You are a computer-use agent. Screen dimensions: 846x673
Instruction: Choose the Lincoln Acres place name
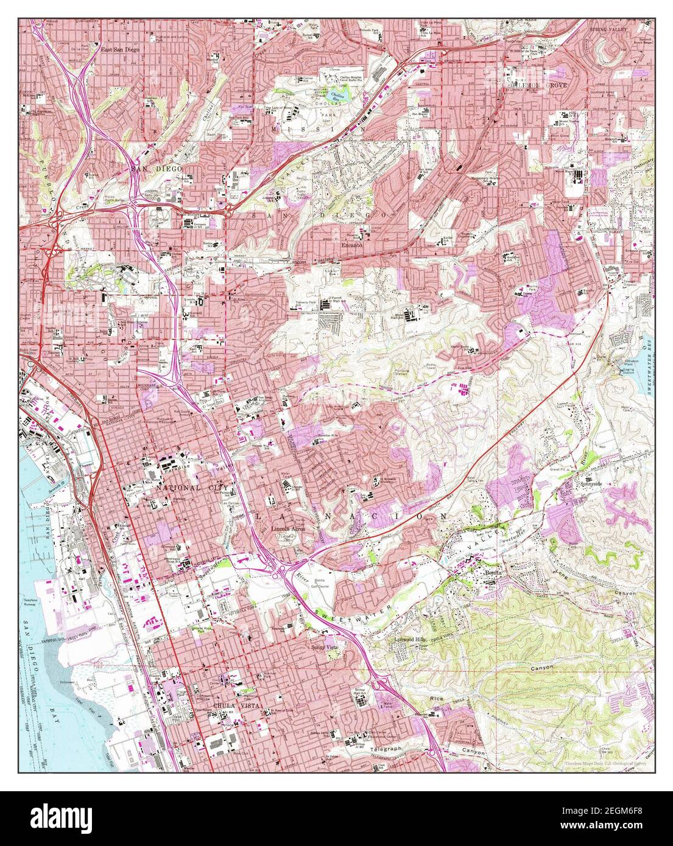pyautogui.click(x=287, y=529)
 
